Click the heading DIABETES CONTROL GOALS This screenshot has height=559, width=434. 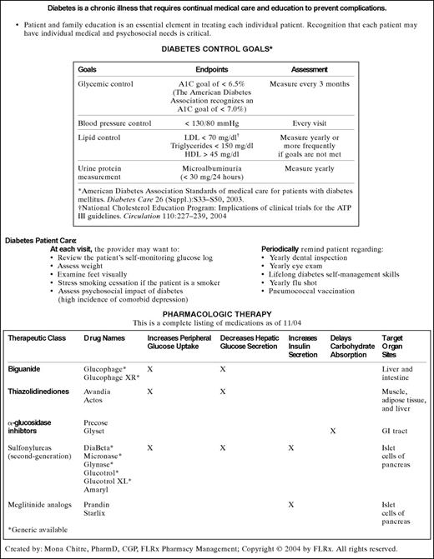[216, 49]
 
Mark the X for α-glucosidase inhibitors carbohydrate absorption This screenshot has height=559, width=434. [332, 432]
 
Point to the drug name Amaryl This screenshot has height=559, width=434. [98, 490]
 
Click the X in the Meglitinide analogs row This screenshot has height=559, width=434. [290, 504]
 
